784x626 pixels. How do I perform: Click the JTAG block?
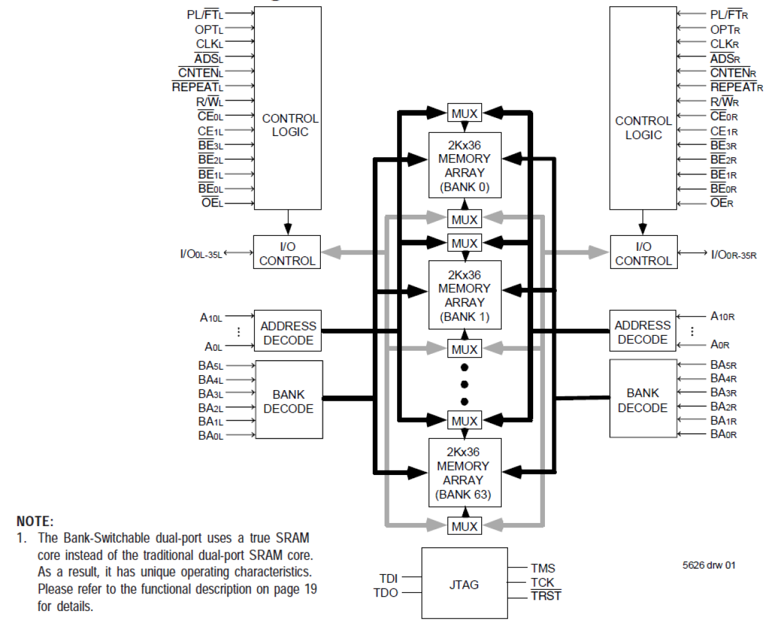point(464,584)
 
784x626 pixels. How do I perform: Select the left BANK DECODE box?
point(288,400)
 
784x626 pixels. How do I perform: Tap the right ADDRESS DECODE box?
point(642,331)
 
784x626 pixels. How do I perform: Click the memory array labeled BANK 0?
point(464,165)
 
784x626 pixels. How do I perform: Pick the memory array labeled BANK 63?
point(463,472)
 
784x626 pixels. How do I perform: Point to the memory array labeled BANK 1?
point(464,295)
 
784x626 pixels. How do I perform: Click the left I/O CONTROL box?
point(287,253)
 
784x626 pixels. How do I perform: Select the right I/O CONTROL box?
point(643,253)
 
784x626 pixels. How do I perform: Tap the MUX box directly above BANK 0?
point(464,114)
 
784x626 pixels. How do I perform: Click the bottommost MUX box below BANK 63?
point(464,526)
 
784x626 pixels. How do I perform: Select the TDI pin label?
point(388,579)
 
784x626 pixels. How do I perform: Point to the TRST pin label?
point(546,596)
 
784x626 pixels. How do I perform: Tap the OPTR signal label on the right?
point(725,29)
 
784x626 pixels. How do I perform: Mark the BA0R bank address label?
point(723,434)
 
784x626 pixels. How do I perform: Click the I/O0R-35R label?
point(733,254)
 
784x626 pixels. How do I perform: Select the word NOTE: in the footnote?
point(35,521)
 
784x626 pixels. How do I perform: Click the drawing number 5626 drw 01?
point(708,565)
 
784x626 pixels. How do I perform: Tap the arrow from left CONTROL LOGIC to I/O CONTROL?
point(288,222)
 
